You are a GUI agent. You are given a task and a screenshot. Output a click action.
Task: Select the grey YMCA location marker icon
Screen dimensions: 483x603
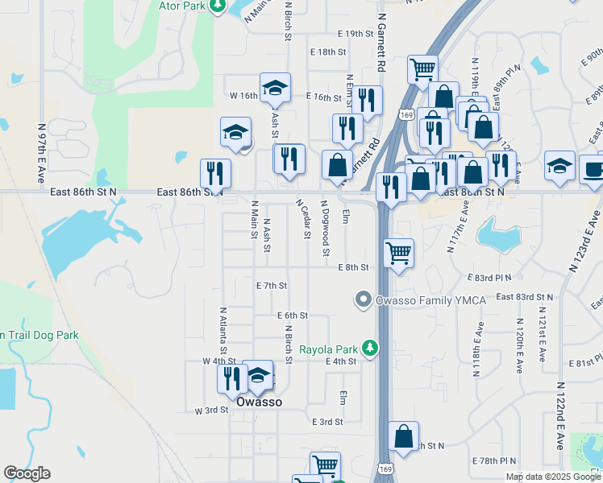pyautogui.click(x=363, y=300)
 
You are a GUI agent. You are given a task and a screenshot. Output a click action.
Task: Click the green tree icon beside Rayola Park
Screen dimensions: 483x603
pyautogui.click(x=370, y=349)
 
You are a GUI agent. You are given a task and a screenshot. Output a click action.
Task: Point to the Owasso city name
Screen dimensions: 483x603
pyautogui.click(x=259, y=402)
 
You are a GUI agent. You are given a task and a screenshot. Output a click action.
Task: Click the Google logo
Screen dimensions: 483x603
pyautogui.click(x=27, y=473)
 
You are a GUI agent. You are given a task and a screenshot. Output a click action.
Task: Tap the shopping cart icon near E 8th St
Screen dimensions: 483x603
pyautogui.click(x=399, y=253)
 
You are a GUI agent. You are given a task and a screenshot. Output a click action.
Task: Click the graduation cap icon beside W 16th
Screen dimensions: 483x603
pyautogui.click(x=275, y=88)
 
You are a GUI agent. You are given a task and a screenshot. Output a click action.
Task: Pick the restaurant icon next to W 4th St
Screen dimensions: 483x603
pyautogui.click(x=232, y=377)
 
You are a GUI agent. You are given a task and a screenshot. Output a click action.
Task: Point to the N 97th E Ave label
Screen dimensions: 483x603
pyautogui.click(x=41, y=153)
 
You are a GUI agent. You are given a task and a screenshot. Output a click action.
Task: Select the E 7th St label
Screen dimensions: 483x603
pyautogui.click(x=272, y=285)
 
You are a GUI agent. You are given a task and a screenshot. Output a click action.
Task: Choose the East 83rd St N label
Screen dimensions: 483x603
pyautogui.click(x=525, y=297)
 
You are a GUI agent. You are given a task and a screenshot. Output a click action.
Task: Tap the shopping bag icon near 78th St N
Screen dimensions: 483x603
pyautogui.click(x=404, y=437)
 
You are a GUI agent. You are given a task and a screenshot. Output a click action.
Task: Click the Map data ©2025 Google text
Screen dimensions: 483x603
pyautogui.click(x=552, y=477)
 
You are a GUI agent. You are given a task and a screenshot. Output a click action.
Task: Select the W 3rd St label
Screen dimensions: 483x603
pyautogui.click(x=212, y=410)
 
